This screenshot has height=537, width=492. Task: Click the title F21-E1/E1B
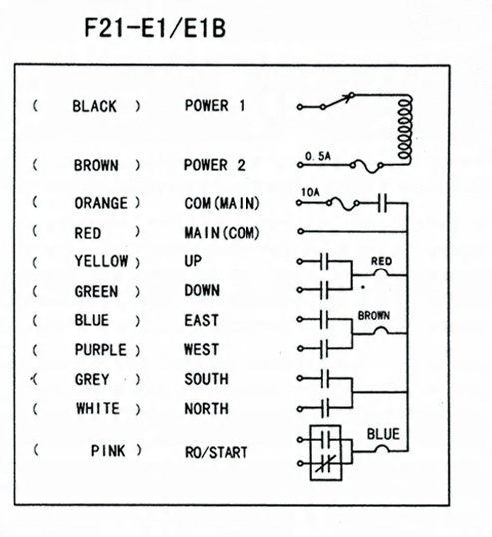point(155,28)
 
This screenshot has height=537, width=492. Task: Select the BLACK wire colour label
point(94,106)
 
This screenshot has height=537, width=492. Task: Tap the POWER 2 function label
point(215,165)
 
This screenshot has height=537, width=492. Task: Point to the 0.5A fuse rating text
point(318,156)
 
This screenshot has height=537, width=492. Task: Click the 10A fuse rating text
point(310,192)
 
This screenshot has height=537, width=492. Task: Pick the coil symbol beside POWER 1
point(405,129)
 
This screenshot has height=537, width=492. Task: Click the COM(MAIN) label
point(222,203)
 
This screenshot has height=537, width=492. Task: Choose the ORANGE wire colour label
point(101,203)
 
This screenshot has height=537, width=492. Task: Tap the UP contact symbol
point(324,262)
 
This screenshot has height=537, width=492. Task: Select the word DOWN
point(202,291)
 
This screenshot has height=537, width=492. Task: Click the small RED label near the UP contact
point(381,261)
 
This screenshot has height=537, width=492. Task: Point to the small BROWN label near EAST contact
point(374,315)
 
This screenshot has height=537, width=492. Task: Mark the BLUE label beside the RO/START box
point(383,434)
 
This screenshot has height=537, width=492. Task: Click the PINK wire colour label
point(108,451)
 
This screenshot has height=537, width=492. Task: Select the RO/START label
point(216,452)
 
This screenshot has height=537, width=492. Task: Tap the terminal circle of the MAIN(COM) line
point(300,231)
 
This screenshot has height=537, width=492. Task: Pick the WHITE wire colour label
point(98,408)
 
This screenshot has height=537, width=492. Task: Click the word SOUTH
point(206,379)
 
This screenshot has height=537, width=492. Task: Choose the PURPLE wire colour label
point(101,350)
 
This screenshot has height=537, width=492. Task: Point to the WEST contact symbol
point(324,349)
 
